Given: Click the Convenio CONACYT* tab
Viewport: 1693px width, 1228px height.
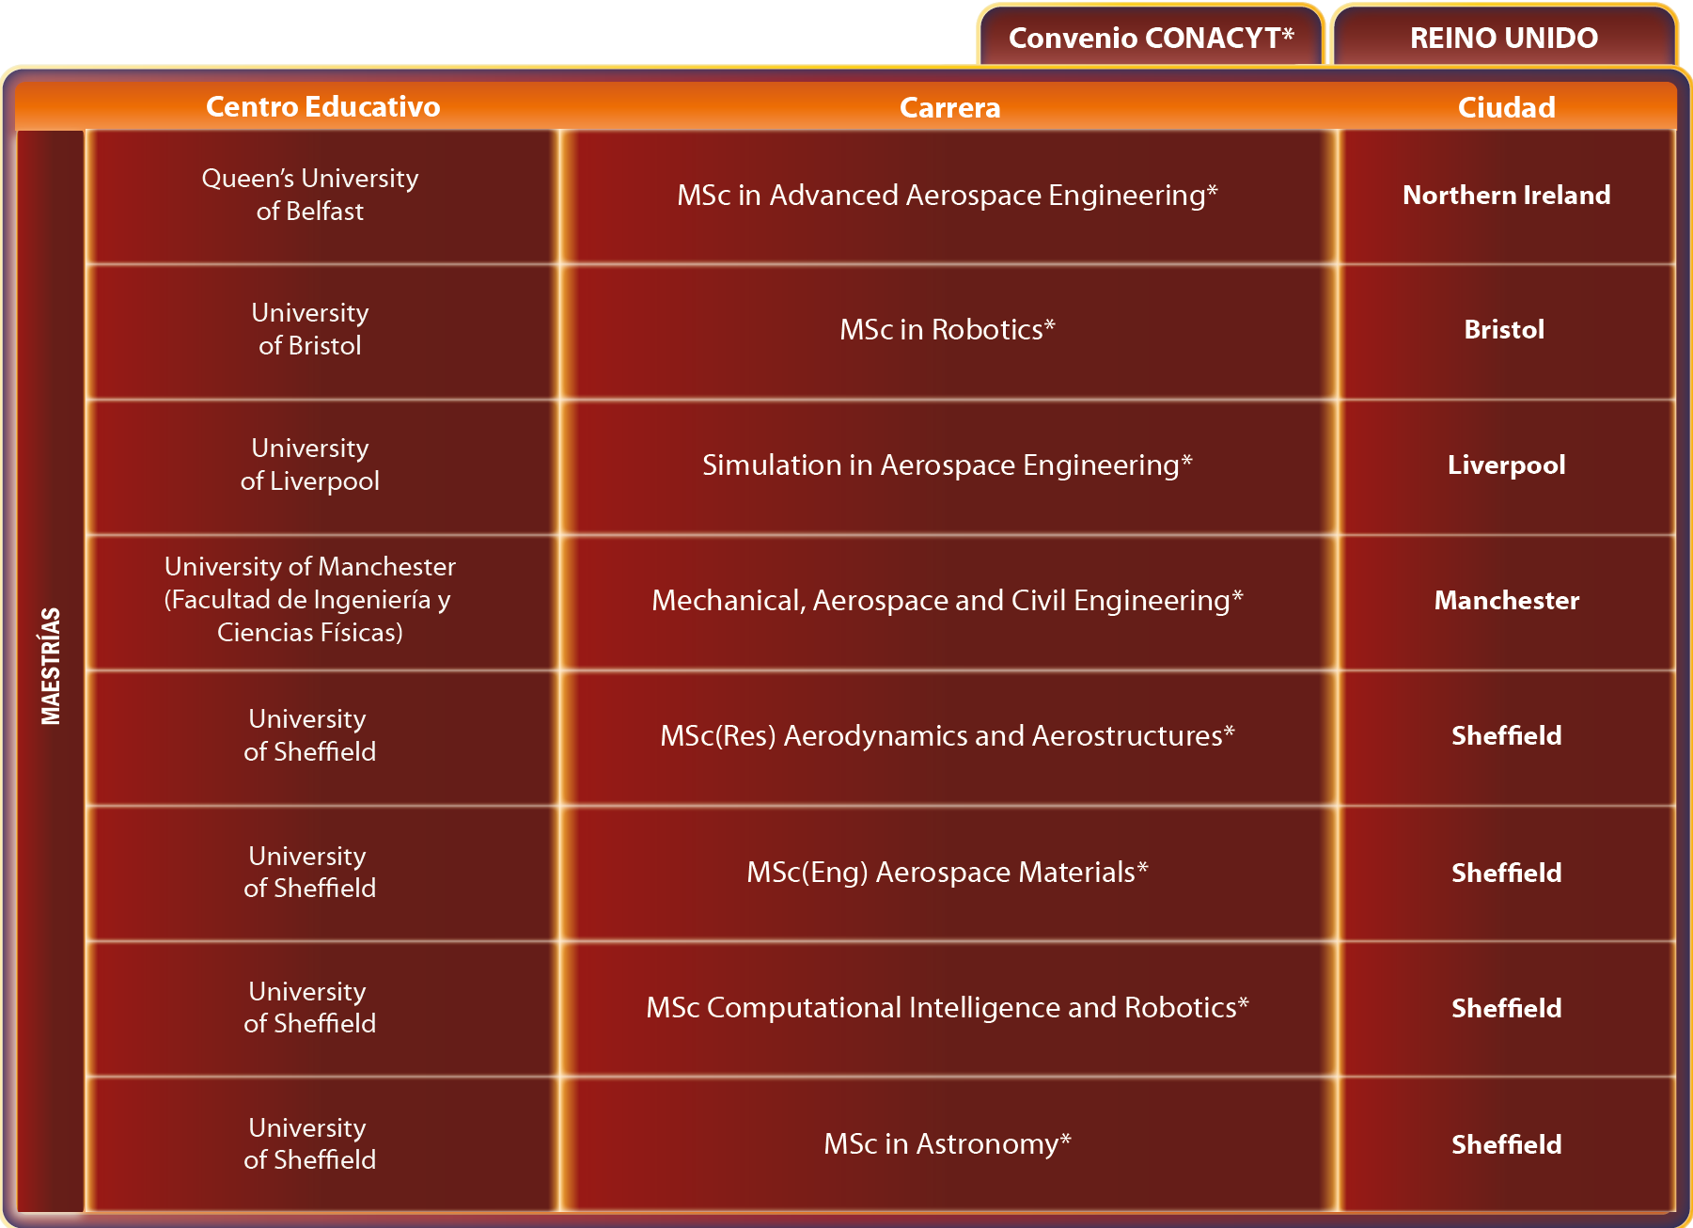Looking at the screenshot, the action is (1151, 37).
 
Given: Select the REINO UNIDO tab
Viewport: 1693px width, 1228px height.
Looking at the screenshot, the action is (1504, 37).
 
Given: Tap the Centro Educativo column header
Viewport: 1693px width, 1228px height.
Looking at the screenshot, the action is (322, 106).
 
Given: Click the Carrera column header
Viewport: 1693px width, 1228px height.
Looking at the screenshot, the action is (949, 107).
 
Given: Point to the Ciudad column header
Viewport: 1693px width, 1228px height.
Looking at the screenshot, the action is (1506, 107).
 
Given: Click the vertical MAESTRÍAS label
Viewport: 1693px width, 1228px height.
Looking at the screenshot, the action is (51, 666).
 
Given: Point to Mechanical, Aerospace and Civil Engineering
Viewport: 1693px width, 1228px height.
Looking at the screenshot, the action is (948, 600).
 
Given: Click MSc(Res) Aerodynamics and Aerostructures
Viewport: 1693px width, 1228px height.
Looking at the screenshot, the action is (948, 735).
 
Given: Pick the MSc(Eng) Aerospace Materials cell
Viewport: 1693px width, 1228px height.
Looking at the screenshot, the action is (948, 873).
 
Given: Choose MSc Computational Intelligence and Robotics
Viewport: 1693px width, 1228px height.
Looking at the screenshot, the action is (948, 1007).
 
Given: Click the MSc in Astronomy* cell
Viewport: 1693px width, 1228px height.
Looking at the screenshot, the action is (948, 1144).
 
